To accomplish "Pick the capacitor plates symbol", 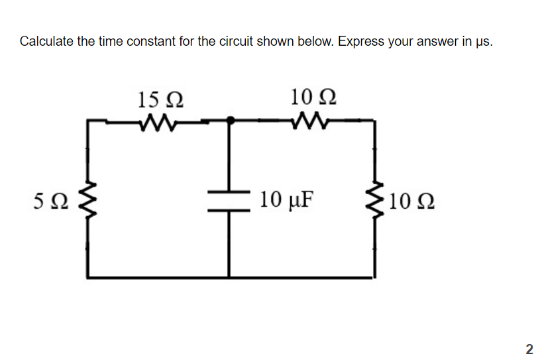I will [229, 199].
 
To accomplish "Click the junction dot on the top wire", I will [230, 121].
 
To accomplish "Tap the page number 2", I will [529, 349].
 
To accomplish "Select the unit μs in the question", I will [482, 42].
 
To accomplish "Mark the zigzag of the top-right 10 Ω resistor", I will [306, 121].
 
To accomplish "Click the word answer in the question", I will [439, 42].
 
